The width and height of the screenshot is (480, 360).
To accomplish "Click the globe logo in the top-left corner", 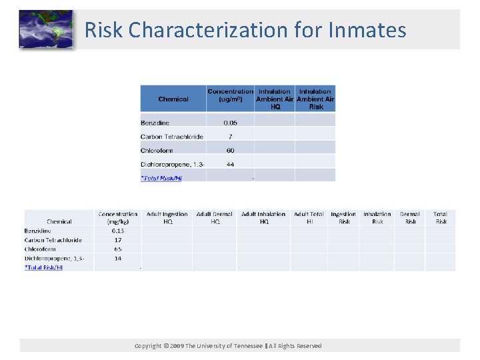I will [x=46, y=29].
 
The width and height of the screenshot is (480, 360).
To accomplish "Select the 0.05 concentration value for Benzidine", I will [x=230, y=123].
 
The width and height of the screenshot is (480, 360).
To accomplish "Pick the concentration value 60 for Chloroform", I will [x=230, y=151].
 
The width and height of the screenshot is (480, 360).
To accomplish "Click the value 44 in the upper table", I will [x=230, y=165].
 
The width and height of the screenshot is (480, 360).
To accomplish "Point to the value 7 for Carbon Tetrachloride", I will [x=230, y=137].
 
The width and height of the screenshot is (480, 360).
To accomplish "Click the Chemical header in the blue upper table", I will [x=173, y=99].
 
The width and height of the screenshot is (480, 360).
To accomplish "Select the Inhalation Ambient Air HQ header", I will [x=274, y=99].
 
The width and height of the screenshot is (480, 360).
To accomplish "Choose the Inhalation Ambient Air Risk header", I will [x=315, y=99].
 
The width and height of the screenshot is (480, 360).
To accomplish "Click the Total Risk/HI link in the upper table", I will [x=161, y=178].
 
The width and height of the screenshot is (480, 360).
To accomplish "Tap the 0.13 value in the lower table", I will [x=118, y=231].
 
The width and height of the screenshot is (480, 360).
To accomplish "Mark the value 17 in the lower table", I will [x=118, y=240].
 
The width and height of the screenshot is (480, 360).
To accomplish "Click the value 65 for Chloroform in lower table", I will [x=118, y=249].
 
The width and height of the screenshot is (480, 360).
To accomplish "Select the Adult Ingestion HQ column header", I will [x=167, y=217].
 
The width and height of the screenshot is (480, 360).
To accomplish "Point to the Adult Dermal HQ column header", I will [x=215, y=217].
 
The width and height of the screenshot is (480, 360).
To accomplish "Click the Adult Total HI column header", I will [x=309, y=217].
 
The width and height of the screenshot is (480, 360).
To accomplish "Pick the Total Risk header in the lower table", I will [x=441, y=217].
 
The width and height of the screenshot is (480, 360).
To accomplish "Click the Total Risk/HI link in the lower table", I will [x=44, y=267].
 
